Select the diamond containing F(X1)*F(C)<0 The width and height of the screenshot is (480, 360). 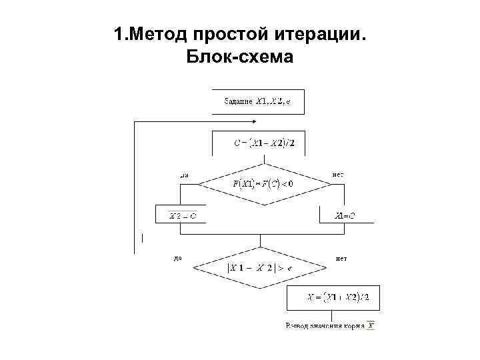coord(263,182)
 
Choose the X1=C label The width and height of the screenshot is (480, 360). coord(345,215)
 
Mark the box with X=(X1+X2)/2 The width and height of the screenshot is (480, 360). coord(333,297)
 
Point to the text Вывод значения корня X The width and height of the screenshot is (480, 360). coord(330,326)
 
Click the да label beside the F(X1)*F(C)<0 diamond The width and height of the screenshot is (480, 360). coord(185,175)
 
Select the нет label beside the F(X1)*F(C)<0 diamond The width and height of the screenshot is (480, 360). coord(337,175)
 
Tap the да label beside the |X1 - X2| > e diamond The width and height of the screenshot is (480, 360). coord(177,257)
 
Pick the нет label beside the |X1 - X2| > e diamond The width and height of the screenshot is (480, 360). coord(341,257)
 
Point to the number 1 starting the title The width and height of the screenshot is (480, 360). coord(118,34)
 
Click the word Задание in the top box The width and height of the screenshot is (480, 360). coord(237,102)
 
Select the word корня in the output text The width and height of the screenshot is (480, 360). coord(353,326)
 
